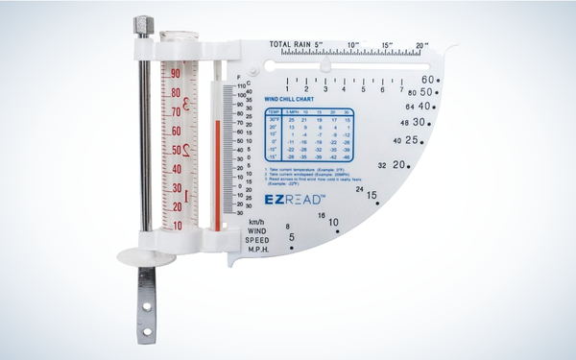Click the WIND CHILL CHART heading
(x=290, y=98)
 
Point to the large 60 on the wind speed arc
(x=430, y=80)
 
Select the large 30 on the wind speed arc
(x=420, y=122)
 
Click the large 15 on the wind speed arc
(x=371, y=196)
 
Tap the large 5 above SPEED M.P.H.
(x=292, y=237)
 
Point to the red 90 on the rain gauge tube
(x=176, y=73)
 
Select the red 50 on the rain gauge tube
(x=176, y=150)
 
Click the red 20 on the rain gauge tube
(x=176, y=206)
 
